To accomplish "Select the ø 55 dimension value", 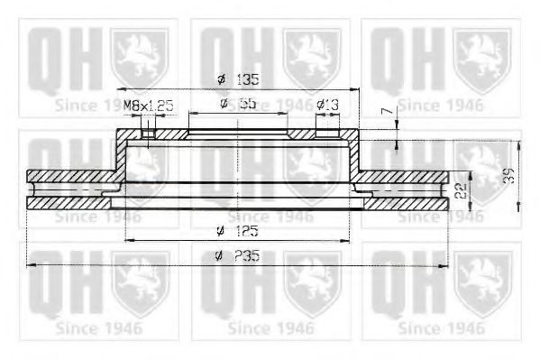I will pyautogui.click(x=238, y=105).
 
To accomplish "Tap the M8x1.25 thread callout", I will pyautogui.click(x=148, y=105).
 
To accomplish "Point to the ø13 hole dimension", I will pyautogui.click(x=326, y=105).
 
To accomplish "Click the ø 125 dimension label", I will pyautogui.click(x=238, y=231).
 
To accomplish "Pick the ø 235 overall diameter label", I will pyautogui.click(x=238, y=256).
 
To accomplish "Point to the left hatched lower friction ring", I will pyautogui.click(x=68, y=204).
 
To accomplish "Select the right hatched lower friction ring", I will pyautogui.click(x=406, y=204).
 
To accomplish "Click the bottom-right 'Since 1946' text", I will pyautogui.click(x=441, y=327).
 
